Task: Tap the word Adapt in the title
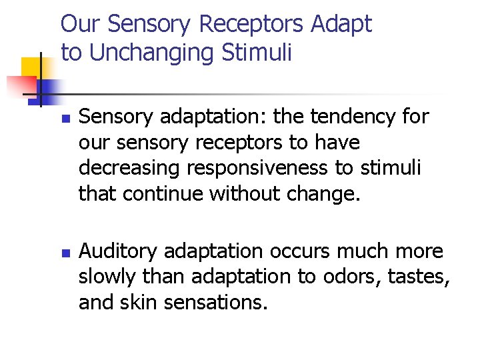click(x=341, y=25)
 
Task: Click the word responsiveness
click(x=254, y=168)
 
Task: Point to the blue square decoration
click(x=48, y=89)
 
